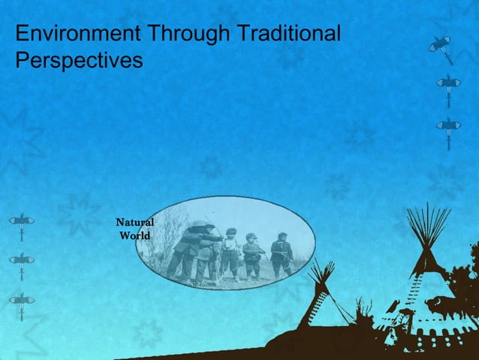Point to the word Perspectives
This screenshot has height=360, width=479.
pyautogui.click(x=79, y=61)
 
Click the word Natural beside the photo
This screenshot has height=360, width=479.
pyautogui.click(x=135, y=222)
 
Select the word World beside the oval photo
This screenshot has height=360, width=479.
pyautogui.click(x=135, y=236)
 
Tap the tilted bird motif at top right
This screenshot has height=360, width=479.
pyautogui.click(x=442, y=47)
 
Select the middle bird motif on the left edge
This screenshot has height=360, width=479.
pyautogui.click(x=22, y=261)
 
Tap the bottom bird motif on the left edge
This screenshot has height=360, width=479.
pyautogui.click(x=22, y=301)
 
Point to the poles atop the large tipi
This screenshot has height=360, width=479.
pyautogui.click(x=428, y=226)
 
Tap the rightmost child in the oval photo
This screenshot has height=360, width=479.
pyautogui.click(x=282, y=254)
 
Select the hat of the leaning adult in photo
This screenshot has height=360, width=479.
pyautogui.click(x=199, y=223)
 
